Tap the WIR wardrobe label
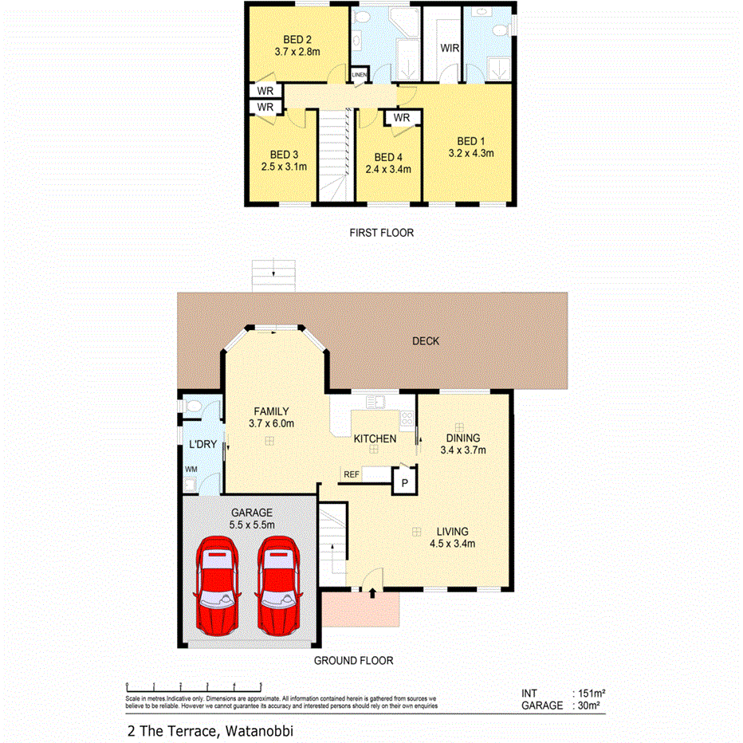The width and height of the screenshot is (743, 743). [450, 48]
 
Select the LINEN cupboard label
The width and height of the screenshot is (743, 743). [360, 75]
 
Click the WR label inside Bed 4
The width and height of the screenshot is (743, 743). [401, 118]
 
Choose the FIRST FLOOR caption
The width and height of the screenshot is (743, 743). [381, 233]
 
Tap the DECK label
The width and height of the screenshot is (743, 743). [425, 341]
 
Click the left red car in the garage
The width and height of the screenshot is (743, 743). [217, 585]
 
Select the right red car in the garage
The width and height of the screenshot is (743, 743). [277, 585]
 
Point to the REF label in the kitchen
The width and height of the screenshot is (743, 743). [351, 474]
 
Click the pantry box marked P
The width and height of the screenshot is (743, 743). [404, 482]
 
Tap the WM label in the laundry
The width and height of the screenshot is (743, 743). [191, 470]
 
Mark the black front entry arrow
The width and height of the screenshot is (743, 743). [371, 592]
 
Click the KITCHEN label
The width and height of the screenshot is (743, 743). [375, 438]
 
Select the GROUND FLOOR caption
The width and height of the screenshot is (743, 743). [353, 660]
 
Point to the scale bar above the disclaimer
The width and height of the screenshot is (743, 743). [194, 685]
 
